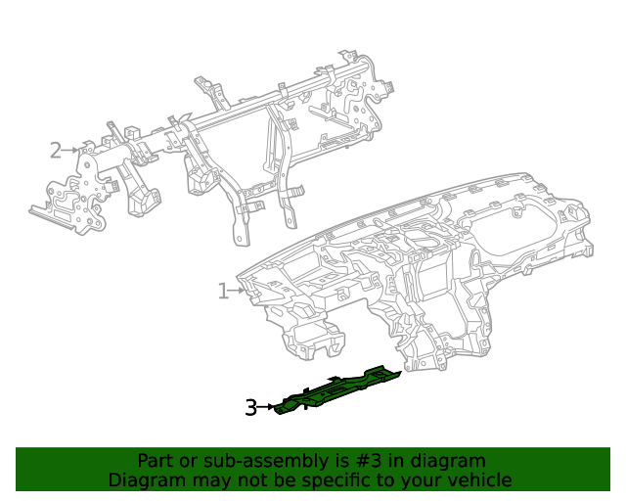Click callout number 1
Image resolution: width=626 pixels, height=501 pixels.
(x=223, y=291)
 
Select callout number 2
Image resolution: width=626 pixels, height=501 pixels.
(x=56, y=150)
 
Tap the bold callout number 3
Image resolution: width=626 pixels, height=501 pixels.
(x=250, y=407)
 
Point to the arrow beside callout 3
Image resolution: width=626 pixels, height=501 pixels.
(x=267, y=407)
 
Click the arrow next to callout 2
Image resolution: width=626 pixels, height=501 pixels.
(x=71, y=150)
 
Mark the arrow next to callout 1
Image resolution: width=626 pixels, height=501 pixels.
(x=239, y=291)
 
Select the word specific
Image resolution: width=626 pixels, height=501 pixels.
(x=332, y=480)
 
